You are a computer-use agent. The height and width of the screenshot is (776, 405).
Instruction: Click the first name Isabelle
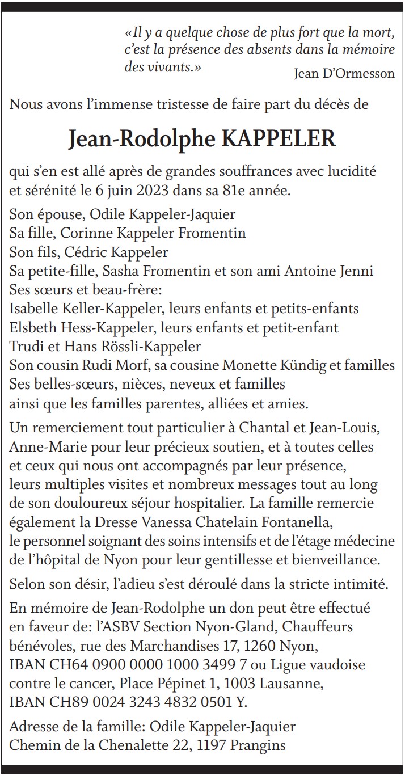click(x=34, y=309)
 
